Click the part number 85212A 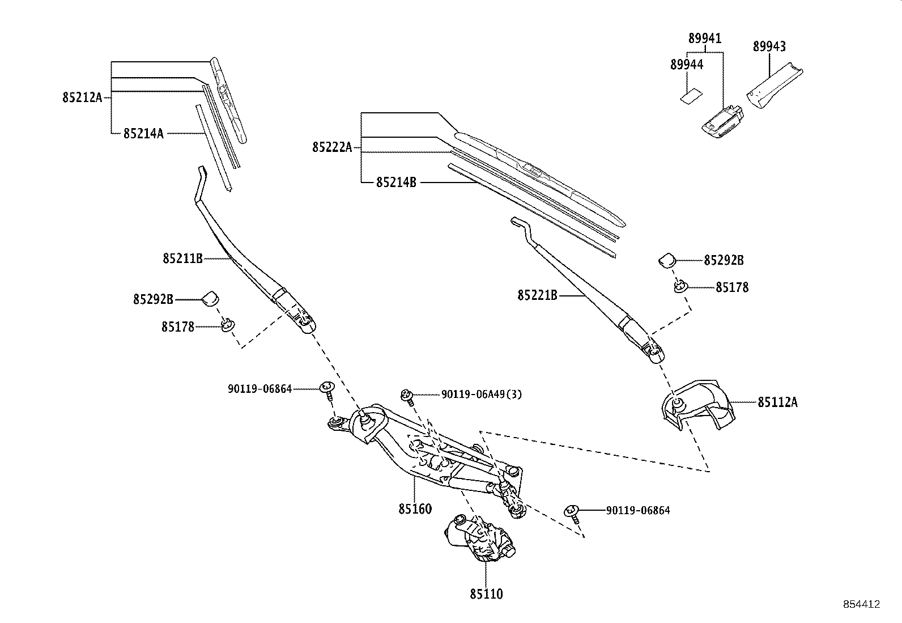(82, 98)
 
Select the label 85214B (396, 183)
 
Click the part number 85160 (415, 508)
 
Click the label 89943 (769, 46)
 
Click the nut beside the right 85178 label (679, 287)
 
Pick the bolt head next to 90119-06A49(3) (406, 394)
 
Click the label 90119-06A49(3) (482, 394)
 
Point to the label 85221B (537, 295)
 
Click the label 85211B (182, 258)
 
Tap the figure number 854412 (860, 604)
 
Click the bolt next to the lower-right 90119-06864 (572, 511)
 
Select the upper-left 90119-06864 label (259, 389)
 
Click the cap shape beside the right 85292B (667, 260)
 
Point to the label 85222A (332, 147)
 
